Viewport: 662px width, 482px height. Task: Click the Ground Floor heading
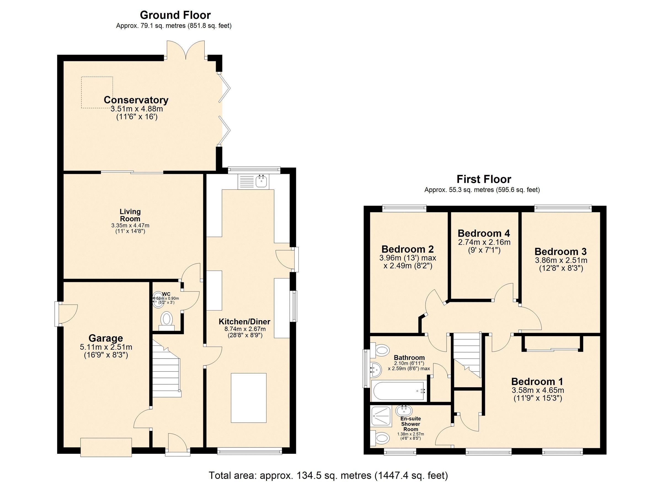tap(175, 15)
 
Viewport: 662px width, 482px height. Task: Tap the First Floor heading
tap(484, 179)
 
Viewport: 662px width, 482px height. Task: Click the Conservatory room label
tap(136, 100)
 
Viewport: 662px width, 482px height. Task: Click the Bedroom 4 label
tap(484, 233)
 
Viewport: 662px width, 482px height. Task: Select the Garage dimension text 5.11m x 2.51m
tap(106, 347)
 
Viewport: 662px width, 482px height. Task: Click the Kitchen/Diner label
tap(245, 322)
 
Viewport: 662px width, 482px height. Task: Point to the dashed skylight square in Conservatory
tap(97, 92)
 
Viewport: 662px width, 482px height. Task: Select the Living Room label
tap(130, 215)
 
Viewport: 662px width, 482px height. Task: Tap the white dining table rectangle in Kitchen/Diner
tap(249, 398)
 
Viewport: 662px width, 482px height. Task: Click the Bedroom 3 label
tap(560, 251)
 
